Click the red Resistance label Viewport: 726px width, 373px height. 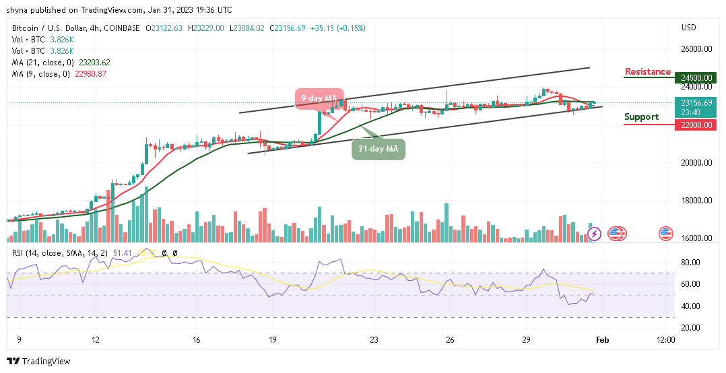point(647,72)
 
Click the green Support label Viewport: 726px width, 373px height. point(641,117)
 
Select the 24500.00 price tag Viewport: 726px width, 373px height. point(696,77)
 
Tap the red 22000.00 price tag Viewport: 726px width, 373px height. point(696,125)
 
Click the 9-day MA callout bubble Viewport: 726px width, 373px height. point(318,98)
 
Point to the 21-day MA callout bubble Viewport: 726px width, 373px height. point(378,149)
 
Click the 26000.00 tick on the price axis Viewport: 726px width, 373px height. point(696,49)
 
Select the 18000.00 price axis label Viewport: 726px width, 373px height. point(696,201)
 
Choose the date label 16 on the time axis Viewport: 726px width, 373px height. point(196,340)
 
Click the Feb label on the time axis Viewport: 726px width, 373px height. point(603,340)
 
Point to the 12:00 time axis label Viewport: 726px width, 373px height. point(665,340)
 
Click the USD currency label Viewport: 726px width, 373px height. point(688,28)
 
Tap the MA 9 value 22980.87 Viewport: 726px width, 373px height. point(91,73)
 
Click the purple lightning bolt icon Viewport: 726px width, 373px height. point(594,234)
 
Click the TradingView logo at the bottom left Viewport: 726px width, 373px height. point(38,362)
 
